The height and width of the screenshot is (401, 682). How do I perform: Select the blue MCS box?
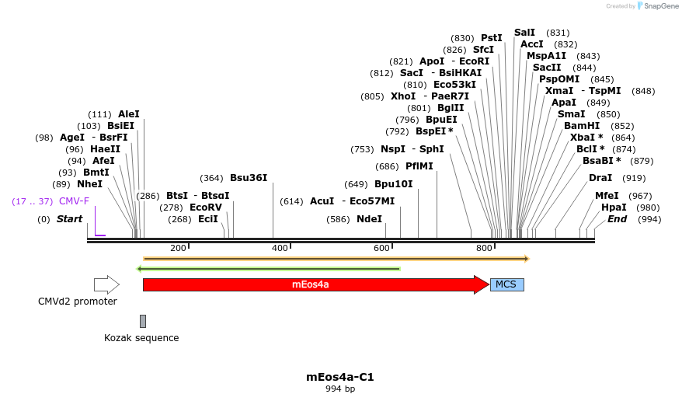click(506, 284)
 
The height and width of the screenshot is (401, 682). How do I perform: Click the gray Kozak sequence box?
click(143, 321)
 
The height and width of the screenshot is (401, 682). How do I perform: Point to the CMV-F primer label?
click(74, 201)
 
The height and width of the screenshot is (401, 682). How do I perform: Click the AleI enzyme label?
click(129, 114)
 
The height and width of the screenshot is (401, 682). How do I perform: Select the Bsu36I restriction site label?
click(249, 178)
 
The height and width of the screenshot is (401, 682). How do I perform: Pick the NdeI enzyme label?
click(369, 219)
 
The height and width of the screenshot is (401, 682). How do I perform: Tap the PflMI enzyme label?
click(419, 166)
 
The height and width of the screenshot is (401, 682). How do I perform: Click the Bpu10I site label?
click(394, 184)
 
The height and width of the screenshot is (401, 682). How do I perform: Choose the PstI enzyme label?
click(492, 38)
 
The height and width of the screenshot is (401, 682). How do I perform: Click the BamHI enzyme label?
click(582, 126)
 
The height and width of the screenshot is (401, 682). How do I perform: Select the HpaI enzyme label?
click(614, 207)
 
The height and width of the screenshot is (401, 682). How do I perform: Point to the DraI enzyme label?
click(600, 178)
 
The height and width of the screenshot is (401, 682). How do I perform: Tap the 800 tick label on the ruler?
click(485, 248)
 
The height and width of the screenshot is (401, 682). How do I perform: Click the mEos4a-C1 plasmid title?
click(340, 377)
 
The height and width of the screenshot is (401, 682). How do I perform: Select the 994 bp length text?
click(340, 389)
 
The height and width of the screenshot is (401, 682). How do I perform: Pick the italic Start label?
click(69, 219)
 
